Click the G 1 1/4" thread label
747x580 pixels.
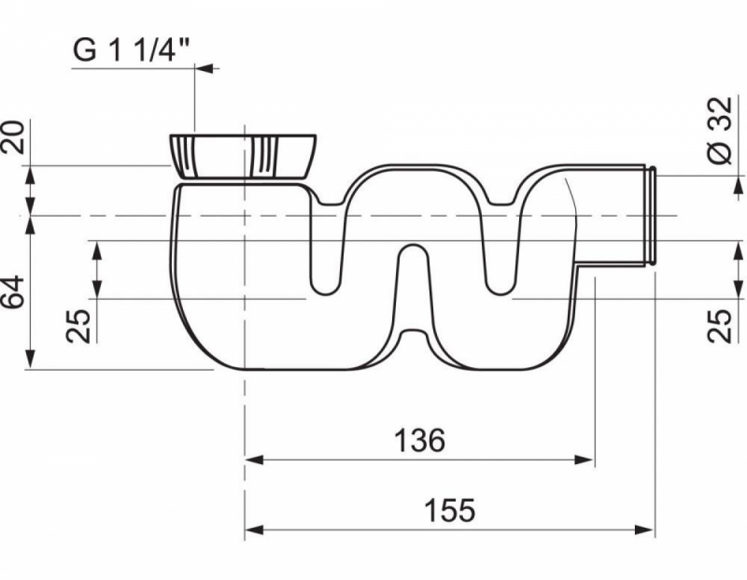(x=132, y=50)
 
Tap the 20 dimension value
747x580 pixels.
(x=13, y=136)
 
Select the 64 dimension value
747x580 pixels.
(x=13, y=291)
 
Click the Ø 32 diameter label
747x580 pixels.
(x=720, y=131)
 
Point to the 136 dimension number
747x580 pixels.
(x=419, y=440)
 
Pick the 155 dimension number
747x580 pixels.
(x=449, y=510)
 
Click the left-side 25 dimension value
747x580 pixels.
(x=78, y=326)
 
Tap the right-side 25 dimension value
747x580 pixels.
(x=719, y=326)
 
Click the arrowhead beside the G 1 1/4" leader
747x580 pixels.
(x=204, y=68)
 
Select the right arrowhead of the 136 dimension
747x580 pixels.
(x=585, y=460)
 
